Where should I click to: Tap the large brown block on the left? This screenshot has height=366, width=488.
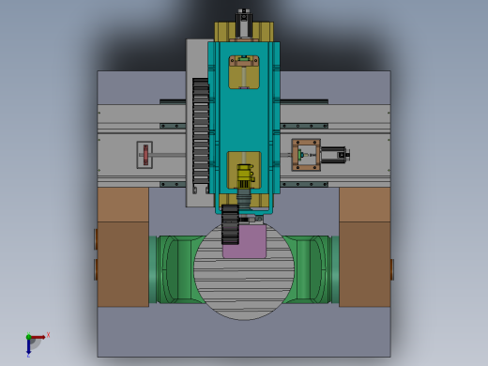pos(123,264)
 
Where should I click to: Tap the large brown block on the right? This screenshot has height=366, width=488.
pos(364,264)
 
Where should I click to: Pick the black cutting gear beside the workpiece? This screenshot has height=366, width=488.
pos(231,225)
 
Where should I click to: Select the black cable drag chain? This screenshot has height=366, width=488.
pos(201,136)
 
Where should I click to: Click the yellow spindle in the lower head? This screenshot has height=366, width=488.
pos(245,175)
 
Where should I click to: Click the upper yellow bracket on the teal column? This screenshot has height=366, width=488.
pos(244,72)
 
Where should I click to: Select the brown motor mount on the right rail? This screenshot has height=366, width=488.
pos(305,155)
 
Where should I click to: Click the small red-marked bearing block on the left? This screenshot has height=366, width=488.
pos(145,155)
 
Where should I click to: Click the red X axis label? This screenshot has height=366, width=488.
pos(48,334)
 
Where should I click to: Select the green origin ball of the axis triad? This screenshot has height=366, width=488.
pos(28,337)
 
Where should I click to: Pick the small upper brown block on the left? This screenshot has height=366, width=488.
pos(123,205)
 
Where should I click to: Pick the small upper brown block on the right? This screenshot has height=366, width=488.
pos(364,205)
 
